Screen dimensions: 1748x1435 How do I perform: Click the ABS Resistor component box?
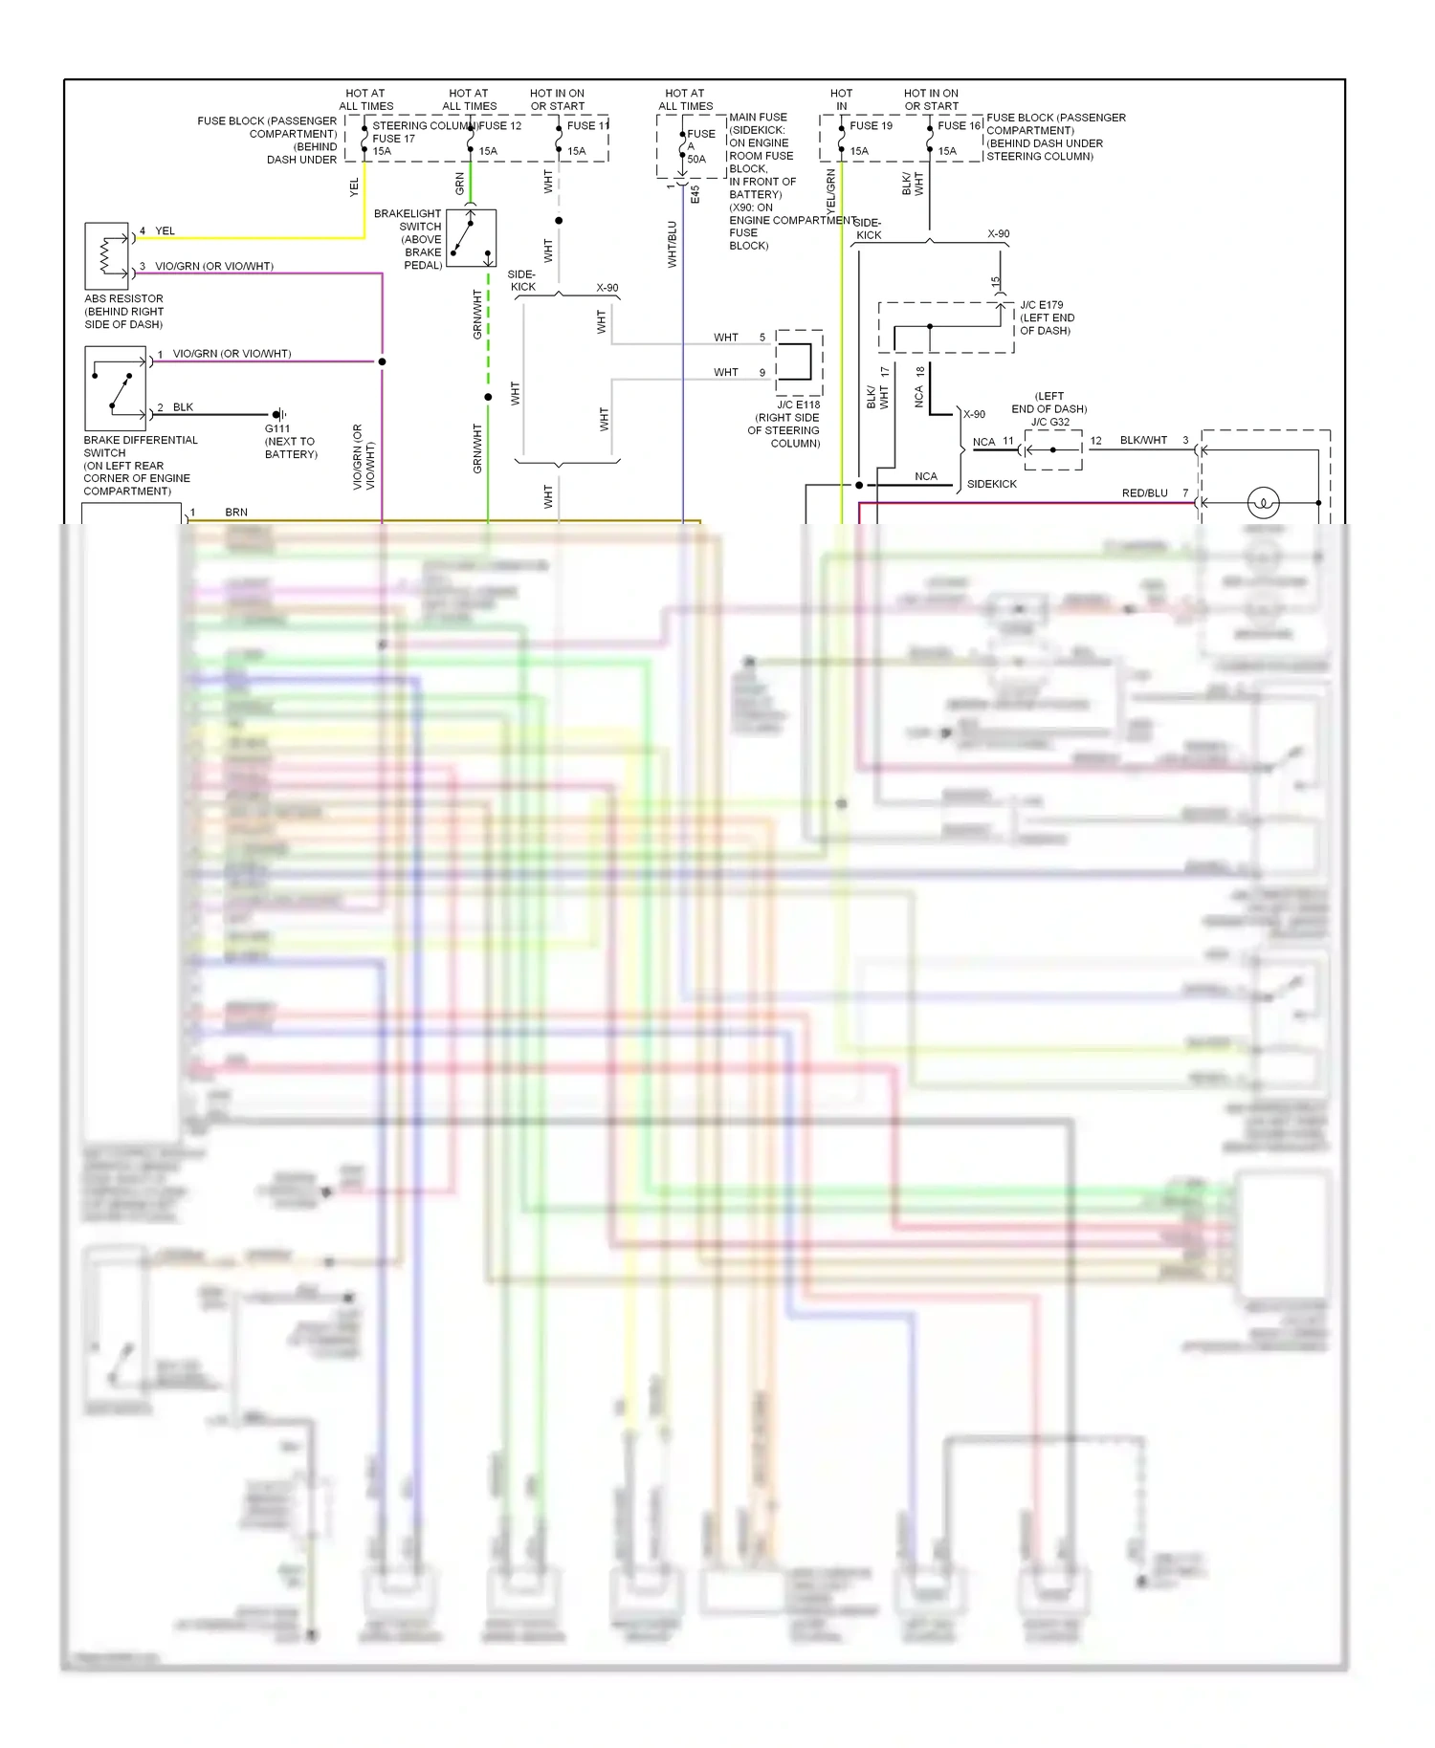106,256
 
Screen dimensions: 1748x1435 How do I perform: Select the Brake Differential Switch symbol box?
115,388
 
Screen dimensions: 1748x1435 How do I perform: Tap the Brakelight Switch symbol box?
471,238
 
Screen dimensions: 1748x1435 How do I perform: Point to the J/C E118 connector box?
799,362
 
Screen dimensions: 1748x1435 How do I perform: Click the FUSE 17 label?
393,139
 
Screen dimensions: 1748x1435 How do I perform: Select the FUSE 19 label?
871,125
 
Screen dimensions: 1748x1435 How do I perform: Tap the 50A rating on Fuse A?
696,160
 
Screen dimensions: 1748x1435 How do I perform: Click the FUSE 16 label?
959,125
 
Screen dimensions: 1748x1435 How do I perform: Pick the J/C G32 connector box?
1053,449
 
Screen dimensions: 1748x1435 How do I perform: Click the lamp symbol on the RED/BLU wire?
1263,502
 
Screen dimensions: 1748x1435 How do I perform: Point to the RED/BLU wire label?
1144,493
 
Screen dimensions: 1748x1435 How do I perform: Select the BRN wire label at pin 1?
236,513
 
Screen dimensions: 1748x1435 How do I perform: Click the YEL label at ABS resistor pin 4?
166,230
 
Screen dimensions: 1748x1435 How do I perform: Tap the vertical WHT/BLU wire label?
672,245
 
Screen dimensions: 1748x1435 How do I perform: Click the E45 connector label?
695,194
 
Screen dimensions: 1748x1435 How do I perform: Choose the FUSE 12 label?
500,125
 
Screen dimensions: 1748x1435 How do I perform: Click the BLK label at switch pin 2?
183,407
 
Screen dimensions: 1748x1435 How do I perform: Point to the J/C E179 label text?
1041,305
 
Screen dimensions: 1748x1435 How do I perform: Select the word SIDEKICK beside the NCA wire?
991,484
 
